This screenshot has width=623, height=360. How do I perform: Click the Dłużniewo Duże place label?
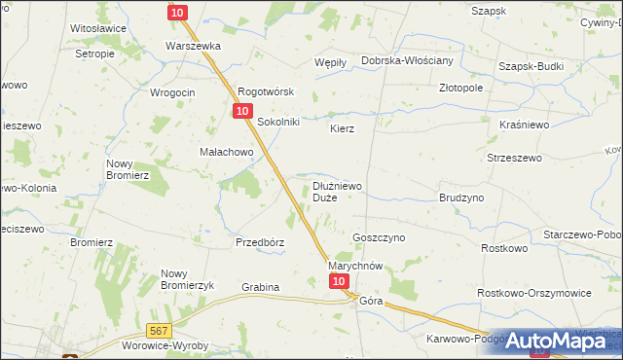pos(338,191)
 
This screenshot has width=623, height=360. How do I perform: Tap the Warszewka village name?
pos(194,46)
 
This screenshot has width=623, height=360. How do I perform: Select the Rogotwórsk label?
pos(266,93)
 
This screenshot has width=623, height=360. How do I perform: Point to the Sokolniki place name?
pos(278,122)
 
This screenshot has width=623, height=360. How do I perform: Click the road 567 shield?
pos(160,331)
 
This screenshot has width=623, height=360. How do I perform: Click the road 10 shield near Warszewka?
pos(176,12)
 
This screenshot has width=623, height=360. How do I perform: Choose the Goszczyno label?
pos(379,237)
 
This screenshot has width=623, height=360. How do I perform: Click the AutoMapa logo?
pos(552,340)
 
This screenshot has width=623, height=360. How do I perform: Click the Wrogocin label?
pos(173,92)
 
